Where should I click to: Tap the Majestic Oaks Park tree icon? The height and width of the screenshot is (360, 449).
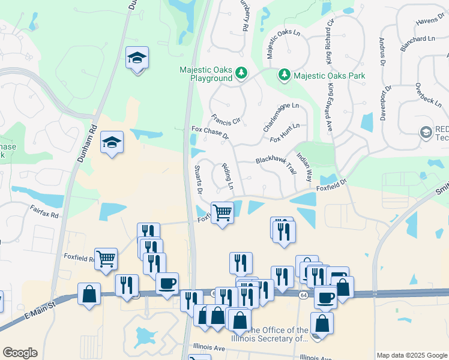283,76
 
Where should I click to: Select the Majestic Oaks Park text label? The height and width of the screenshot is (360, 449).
330,76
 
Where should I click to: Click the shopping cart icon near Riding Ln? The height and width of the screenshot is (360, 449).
222,212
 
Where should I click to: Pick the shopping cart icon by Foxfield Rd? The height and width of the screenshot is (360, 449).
106,259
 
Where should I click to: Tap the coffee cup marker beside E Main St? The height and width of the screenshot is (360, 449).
167,283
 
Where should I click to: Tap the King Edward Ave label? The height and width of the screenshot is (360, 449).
330,107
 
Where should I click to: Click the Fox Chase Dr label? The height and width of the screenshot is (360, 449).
210,132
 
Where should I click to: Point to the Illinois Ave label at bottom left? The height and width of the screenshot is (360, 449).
209,347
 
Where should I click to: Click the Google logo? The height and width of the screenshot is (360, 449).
20,353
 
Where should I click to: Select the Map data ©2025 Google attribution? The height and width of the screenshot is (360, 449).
412,355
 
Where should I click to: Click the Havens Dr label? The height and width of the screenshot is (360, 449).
429,22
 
